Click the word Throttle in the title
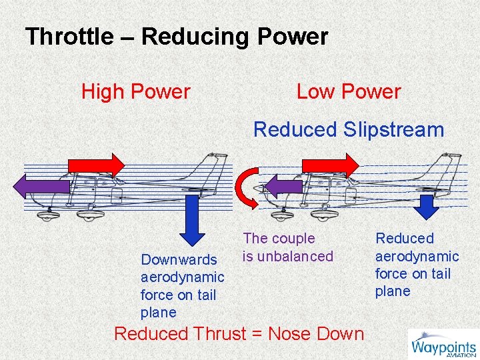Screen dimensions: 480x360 69,37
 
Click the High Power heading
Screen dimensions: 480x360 135,92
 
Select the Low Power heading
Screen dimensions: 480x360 349,92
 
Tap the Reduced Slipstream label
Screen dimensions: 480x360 349,129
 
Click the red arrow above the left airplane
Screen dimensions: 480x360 96,165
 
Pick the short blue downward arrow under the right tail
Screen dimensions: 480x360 427,206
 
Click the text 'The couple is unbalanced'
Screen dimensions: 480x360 287,247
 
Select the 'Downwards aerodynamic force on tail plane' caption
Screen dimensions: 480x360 182,286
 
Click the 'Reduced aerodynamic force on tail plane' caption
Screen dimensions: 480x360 417,265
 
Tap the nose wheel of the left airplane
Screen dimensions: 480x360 47,215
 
